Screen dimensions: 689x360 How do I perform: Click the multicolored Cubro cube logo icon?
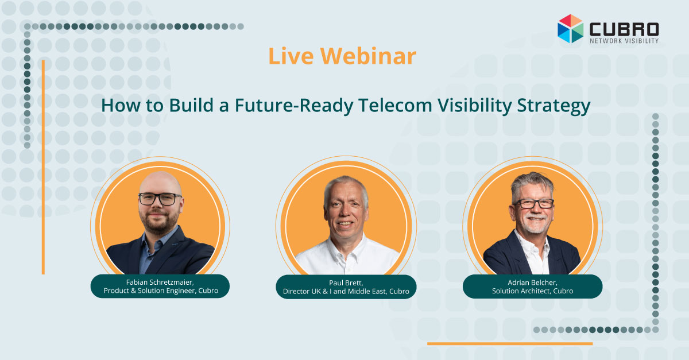570,29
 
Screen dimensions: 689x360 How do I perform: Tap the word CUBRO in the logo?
624,29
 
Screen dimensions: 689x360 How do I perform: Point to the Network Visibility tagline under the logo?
624,41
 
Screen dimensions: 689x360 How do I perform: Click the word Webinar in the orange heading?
368,56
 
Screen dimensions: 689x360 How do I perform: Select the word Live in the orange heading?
291,56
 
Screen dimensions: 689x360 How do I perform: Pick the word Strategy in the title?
553,106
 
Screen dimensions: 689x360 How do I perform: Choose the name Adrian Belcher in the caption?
532,282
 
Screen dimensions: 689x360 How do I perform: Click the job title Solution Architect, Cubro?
532,291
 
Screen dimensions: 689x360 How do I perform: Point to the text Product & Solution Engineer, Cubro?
161,291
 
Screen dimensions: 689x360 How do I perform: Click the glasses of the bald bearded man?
160,199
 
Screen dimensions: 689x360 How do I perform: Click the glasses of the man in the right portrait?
533,203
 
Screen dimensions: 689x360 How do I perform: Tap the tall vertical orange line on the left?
43,167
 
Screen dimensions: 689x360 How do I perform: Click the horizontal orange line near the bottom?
510,344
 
